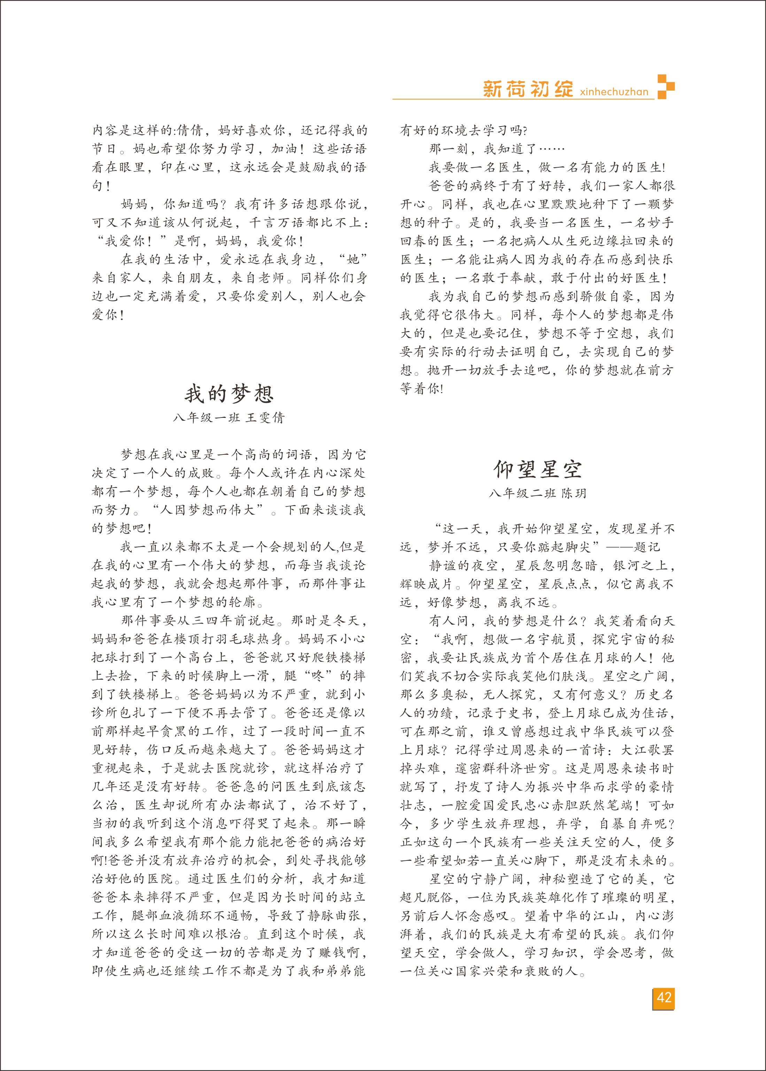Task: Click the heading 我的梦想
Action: [229, 393]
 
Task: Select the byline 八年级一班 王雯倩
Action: [229, 418]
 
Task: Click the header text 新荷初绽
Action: [528, 89]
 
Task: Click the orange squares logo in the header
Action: [666, 86]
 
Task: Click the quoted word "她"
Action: [353, 260]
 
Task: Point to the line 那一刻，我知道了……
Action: [496, 149]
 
